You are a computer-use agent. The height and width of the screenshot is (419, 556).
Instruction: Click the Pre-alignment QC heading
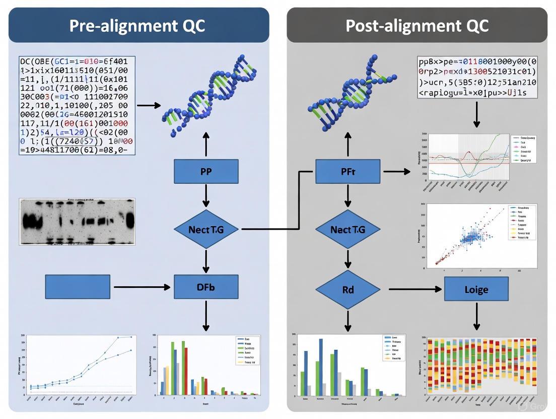(137, 26)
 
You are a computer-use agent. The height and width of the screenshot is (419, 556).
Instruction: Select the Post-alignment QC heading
(417, 26)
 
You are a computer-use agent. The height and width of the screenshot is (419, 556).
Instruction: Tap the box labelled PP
(205, 171)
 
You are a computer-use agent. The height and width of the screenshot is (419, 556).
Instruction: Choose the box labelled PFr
(347, 171)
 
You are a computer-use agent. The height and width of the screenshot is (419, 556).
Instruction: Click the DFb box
(205, 287)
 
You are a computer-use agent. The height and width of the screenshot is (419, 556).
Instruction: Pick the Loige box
(476, 290)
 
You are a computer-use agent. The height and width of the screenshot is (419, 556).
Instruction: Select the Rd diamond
(347, 290)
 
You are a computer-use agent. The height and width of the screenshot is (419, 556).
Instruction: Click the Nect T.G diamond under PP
(205, 229)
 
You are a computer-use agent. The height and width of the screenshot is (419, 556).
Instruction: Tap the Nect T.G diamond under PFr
(347, 229)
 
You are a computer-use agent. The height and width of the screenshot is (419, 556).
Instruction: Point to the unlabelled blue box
(78, 287)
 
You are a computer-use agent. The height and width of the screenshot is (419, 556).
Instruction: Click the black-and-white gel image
(77, 222)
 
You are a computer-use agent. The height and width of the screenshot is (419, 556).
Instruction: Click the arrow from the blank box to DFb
(142, 287)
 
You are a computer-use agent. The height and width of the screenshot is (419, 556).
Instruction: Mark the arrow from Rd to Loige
(416, 290)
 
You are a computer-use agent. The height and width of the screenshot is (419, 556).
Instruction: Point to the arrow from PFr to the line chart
(398, 172)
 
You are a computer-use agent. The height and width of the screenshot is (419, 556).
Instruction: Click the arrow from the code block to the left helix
(149, 105)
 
